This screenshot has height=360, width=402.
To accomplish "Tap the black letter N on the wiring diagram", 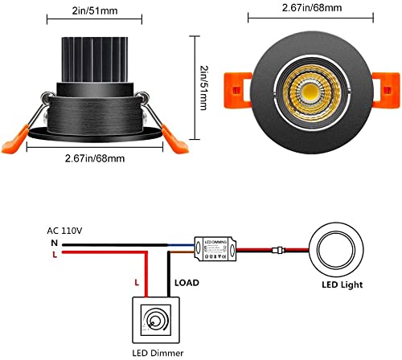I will [x=52, y=242].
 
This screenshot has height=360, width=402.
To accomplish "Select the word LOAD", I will [x=187, y=283].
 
